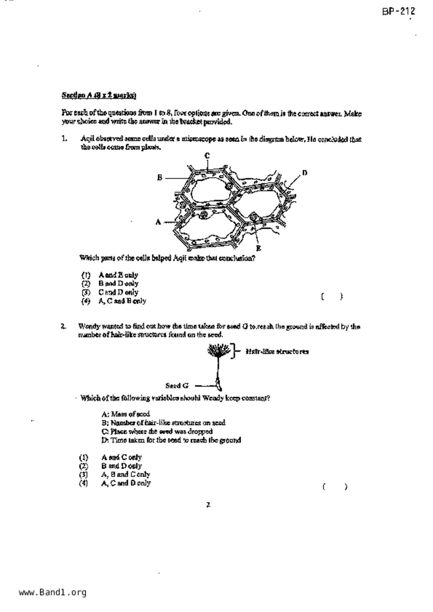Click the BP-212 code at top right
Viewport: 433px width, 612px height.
pos(398,12)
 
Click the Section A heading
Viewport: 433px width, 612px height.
pos(99,95)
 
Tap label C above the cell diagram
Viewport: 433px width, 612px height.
pos(207,156)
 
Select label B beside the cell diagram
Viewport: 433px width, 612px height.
pos(160,178)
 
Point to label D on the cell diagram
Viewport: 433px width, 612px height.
pos(305,173)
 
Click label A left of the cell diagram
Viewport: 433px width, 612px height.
pos(158,222)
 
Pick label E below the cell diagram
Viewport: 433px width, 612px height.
pos(259,248)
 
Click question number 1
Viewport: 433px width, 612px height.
pos(64,139)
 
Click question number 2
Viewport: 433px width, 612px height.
pos(63,327)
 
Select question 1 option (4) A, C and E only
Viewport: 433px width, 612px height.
pos(114,301)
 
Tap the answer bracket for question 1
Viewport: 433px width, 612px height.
pos(332,297)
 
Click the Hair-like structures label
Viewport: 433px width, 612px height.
pos(277,352)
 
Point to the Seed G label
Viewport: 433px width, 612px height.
pos(177,386)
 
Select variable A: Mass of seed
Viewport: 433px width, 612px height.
pos(126,414)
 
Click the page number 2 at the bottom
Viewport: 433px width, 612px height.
pos(208,505)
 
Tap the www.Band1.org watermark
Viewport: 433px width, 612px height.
pos(52,592)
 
